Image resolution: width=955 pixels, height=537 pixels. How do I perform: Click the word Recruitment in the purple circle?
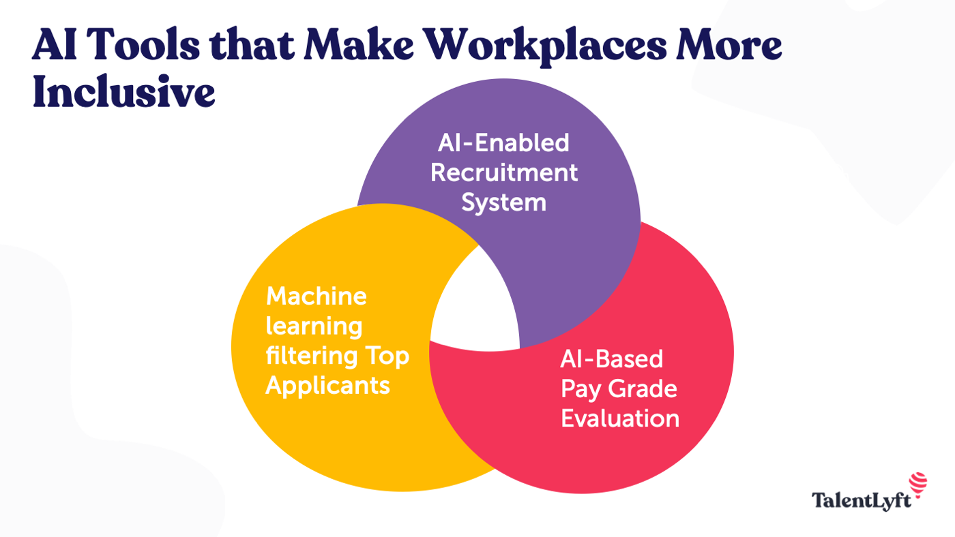[504, 172]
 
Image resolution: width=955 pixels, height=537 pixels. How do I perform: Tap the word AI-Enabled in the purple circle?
[504, 142]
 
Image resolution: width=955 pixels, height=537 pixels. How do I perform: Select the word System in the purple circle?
[504, 202]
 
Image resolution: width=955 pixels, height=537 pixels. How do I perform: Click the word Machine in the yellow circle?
[316, 296]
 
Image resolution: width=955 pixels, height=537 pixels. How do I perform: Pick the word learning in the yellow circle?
[314, 326]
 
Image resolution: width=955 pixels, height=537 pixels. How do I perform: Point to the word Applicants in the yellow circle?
[327, 386]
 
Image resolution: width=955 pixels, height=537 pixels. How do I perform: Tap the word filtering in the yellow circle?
[311, 355]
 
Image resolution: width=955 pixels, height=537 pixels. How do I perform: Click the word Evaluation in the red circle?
[620, 418]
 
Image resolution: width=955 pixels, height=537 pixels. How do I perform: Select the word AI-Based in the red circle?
[611, 358]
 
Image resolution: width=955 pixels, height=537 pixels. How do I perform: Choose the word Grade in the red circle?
[642, 388]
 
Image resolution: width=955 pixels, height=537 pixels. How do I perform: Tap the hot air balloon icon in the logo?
[918, 483]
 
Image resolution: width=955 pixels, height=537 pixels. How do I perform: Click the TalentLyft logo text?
[862, 501]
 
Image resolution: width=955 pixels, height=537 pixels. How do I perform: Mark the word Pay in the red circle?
[580, 388]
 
